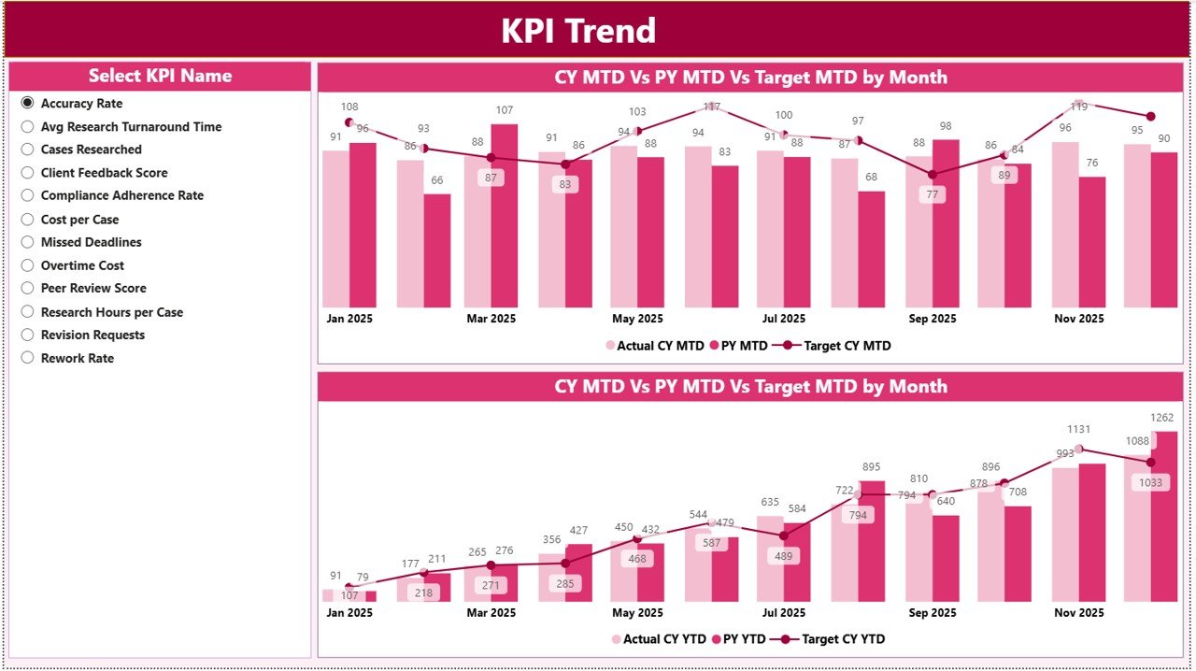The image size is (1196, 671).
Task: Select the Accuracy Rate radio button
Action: coord(28,104)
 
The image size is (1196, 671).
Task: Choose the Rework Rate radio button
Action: coord(28,358)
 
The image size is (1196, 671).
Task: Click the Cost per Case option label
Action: coord(79,219)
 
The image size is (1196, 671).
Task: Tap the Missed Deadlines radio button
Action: coord(28,242)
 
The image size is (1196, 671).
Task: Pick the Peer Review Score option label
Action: coord(93,288)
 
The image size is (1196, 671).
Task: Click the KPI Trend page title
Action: coord(578,31)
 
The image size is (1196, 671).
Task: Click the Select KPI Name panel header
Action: coord(160,76)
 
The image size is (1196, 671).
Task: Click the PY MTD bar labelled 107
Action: coord(505,215)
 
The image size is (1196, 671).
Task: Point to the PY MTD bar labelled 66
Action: coord(436,250)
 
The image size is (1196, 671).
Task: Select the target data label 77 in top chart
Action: coord(932,194)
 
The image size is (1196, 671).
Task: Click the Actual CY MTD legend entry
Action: coord(655,346)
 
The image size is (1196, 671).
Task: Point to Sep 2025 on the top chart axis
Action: coord(932,319)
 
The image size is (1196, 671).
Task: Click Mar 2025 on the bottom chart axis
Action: coord(491,613)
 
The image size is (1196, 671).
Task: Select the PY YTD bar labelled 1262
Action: coord(1164,516)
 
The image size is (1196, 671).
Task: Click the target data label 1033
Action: coord(1150,482)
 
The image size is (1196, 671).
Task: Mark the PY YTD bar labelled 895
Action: coord(871,540)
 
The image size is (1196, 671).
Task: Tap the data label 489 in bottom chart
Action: coord(784,555)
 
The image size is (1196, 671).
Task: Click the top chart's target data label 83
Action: coord(564,184)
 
